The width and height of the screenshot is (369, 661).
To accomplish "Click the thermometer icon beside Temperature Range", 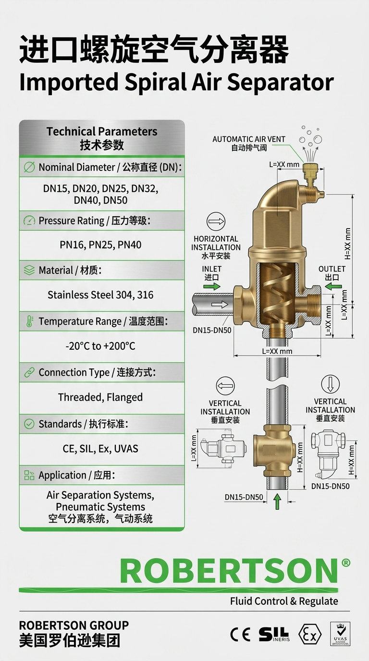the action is tap(29, 321).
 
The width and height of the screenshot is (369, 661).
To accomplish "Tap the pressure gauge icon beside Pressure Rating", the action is tap(29, 220).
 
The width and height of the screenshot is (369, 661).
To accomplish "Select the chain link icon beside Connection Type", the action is tap(29, 372).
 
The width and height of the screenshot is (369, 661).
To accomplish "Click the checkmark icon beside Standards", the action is tap(29, 424).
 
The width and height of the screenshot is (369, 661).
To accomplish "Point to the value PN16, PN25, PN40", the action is tap(100, 245).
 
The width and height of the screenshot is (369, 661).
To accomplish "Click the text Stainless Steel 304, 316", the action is tap(100, 295).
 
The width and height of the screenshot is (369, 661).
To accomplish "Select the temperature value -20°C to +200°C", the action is tap(100, 346).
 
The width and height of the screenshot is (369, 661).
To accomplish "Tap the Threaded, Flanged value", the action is tap(100, 397).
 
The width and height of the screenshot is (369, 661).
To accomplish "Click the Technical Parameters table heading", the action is tap(102, 138).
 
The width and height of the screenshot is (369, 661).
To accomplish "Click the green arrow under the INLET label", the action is tap(212, 286).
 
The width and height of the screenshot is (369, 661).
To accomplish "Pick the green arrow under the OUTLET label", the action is tap(333, 286).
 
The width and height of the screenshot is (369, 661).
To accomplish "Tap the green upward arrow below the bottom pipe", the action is tap(277, 502).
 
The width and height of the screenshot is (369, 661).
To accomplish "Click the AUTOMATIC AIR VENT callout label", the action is tap(249, 143).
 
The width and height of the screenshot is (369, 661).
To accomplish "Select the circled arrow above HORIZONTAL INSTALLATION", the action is tap(216, 221).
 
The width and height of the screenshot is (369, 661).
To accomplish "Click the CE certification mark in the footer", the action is tap(240, 634).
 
